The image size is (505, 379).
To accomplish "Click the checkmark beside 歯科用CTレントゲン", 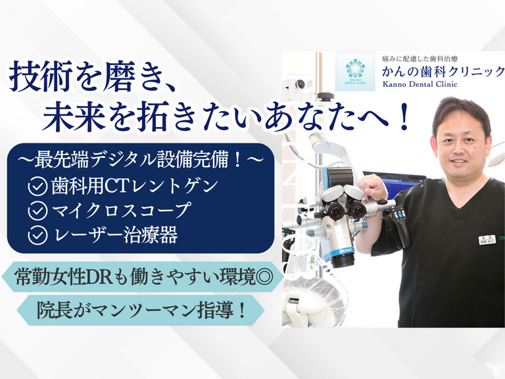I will [37, 186].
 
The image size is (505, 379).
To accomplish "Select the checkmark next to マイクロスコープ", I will [37, 211].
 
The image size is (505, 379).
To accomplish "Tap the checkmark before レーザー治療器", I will [37, 235].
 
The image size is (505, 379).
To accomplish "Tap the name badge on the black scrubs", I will [486, 240].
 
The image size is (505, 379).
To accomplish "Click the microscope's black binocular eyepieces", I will [347, 209].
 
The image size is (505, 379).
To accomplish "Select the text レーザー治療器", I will [121, 235].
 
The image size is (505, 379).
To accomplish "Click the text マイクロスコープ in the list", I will [121, 211].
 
